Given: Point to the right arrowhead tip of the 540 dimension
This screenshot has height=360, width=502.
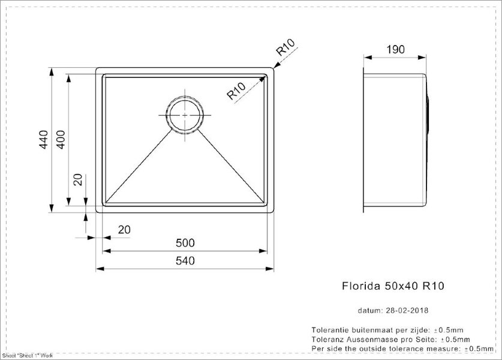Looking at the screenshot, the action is [x=273, y=268].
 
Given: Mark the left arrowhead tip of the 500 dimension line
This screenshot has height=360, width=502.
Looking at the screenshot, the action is [x=103, y=251].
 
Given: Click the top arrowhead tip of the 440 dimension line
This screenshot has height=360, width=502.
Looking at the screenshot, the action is [x=51, y=68].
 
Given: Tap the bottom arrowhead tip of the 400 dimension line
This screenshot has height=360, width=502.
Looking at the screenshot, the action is [x=68, y=206].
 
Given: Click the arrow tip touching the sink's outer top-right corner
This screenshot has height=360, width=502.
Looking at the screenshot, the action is [x=274, y=68].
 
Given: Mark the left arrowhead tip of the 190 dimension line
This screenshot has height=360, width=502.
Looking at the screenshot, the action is [x=363, y=58].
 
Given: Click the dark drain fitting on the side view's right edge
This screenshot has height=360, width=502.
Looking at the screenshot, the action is [x=428, y=114].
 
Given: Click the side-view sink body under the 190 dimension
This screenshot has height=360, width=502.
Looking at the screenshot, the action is [x=395, y=140].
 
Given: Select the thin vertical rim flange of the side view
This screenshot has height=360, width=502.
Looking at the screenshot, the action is [x=363, y=140].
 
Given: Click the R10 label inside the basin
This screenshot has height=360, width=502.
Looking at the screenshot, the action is [x=236, y=91].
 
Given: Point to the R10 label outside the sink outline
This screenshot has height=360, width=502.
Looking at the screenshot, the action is [x=285, y=47].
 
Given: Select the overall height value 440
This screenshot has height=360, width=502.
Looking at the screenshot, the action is [x=44, y=139].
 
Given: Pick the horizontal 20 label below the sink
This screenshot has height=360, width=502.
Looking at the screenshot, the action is [x=124, y=230].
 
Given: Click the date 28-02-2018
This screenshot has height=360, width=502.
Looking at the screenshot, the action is [x=407, y=310].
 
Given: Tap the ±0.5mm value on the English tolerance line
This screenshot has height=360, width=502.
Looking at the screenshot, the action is [x=479, y=349].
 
